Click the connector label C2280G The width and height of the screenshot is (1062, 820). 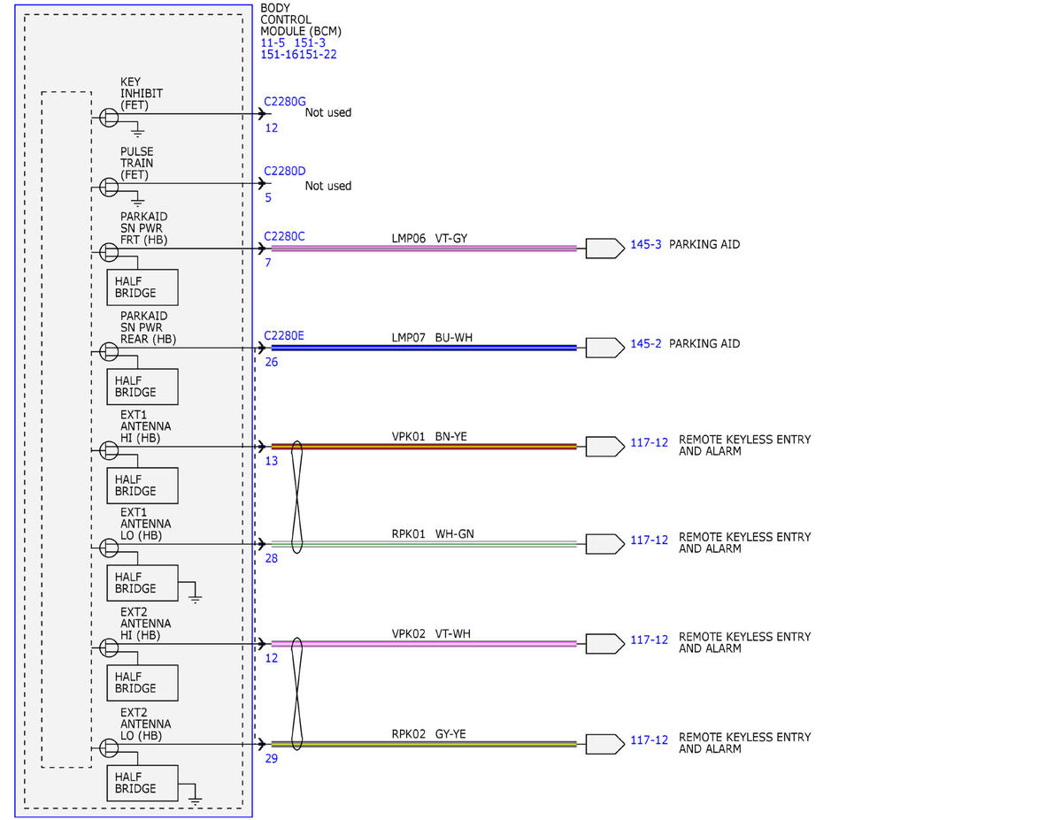[284, 102]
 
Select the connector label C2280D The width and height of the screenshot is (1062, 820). [284, 171]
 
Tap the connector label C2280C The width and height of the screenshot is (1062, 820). [284, 236]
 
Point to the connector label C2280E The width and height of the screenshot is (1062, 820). [283, 335]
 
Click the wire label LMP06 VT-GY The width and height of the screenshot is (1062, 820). [429, 238]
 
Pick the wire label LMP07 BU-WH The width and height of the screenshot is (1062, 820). [432, 338]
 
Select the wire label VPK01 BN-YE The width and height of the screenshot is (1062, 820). [429, 436]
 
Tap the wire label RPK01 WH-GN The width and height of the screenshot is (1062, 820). [433, 533]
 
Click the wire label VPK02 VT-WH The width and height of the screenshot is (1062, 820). [431, 633]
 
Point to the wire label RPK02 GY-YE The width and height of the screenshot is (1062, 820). [428, 734]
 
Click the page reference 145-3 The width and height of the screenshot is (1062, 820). [645, 244]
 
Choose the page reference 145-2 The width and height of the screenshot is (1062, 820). [645, 343]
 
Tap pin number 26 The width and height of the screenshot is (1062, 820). [271, 362]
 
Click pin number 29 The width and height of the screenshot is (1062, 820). [271, 758]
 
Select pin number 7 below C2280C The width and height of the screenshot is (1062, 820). [268, 263]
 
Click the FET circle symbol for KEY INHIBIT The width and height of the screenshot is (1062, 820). [109, 118]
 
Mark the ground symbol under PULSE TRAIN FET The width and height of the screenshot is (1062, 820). [138, 200]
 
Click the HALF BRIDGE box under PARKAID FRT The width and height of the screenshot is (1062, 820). [142, 287]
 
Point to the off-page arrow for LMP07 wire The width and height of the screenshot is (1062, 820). [605, 348]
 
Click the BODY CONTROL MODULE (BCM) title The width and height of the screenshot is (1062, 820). [301, 20]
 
